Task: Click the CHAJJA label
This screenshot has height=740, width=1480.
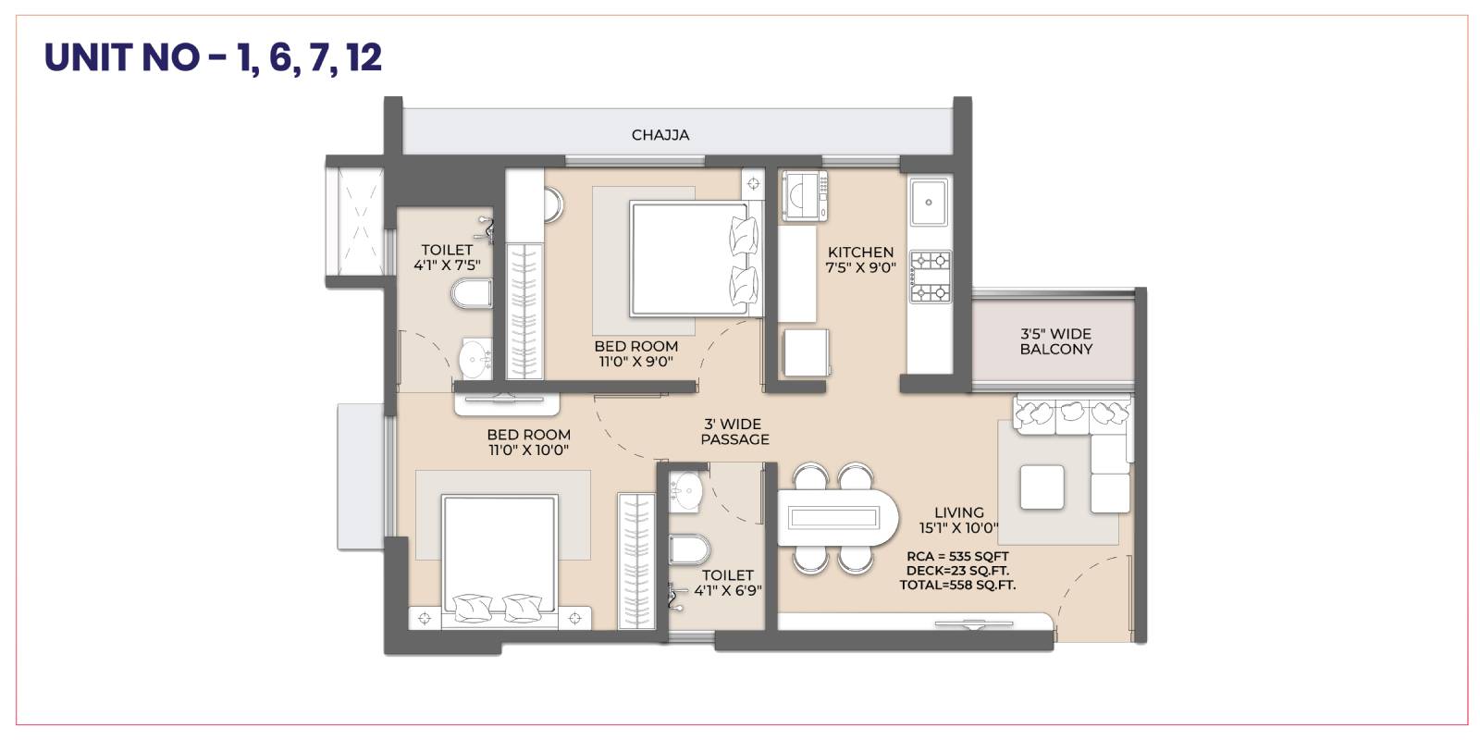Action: pyautogui.click(x=660, y=135)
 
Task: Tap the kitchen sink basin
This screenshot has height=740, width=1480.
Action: pyautogui.click(x=929, y=202)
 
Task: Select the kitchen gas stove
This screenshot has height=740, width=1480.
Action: pyautogui.click(x=931, y=277)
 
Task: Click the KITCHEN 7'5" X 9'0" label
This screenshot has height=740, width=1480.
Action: pyautogui.click(x=860, y=260)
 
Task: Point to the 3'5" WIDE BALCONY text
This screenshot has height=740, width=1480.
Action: pyautogui.click(x=1055, y=341)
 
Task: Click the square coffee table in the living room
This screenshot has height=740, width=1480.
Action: pyautogui.click(x=1042, y=487)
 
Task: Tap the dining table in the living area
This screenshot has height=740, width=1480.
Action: pyautogui.click(x=838, y=517)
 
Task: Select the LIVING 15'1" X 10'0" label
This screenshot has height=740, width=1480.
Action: pyautogui.click(x=958, y=520)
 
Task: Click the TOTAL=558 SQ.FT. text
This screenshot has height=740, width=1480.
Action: pyautogui.click(x=957, y=585)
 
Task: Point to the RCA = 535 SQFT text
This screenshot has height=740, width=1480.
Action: pyautogui.click(x=957, y=556)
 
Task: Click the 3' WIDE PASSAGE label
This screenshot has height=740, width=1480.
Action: pyautogui.click(x=734, y=431)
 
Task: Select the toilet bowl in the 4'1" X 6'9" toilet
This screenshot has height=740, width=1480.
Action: pyautogui.click(x=689, y=549)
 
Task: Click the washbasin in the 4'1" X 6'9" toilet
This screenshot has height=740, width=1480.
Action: pyautogui.click(x=685, y=491)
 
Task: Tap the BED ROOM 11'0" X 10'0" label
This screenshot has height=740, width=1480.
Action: pyautogui.click(x=528, y=442)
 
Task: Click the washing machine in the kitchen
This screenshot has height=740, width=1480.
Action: pyautogui.click(x=805, y=195)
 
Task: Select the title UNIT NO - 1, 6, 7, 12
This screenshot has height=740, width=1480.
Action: pyautogui.click(x=213, y=57)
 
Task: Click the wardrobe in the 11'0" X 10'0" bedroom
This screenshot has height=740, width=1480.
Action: pyautogui.click(x=636, y=561)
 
